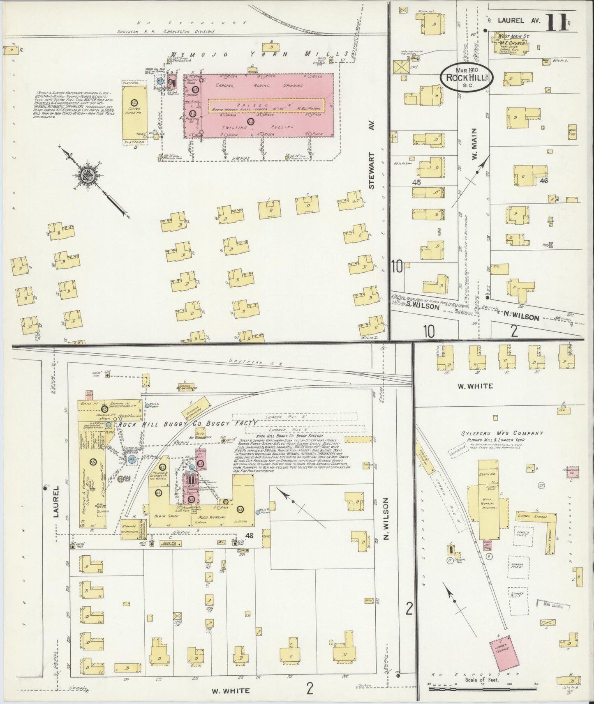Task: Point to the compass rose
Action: point(88,174)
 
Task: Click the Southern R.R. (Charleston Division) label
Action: point(166,31)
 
